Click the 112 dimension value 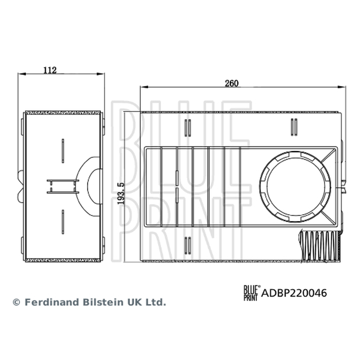[50, 70]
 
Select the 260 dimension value [232, 83]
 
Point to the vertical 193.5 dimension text [121, 193]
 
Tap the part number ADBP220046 [294, 293]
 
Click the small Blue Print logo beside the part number [252, 293]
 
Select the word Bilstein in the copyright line [103, 302]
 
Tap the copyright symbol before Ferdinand [17, 302]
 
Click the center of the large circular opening [296, 186]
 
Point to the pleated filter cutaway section [320, 246]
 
